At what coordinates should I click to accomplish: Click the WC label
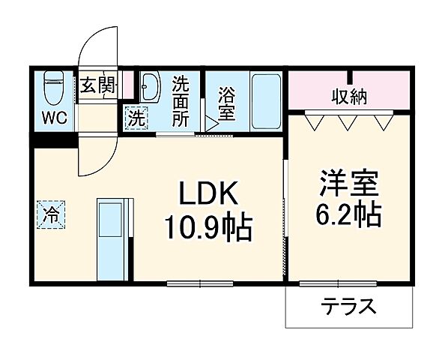[53, 118]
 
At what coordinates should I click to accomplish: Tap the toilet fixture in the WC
[54, 86]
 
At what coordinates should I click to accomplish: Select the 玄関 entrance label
[99, 85]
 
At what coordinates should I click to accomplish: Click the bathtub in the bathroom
[264, 101]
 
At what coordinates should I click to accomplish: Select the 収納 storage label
[351, 96]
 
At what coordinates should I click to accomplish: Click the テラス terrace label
[349, 307]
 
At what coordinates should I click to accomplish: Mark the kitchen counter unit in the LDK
[115, 238]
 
